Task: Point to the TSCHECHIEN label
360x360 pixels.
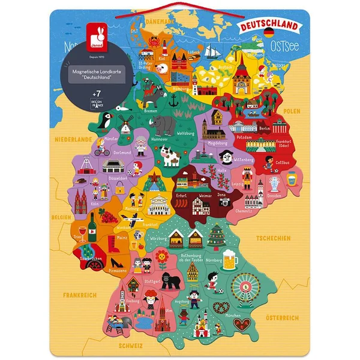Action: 273,238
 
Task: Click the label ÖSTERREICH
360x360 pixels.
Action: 281,317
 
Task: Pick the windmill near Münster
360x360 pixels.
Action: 128,123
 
